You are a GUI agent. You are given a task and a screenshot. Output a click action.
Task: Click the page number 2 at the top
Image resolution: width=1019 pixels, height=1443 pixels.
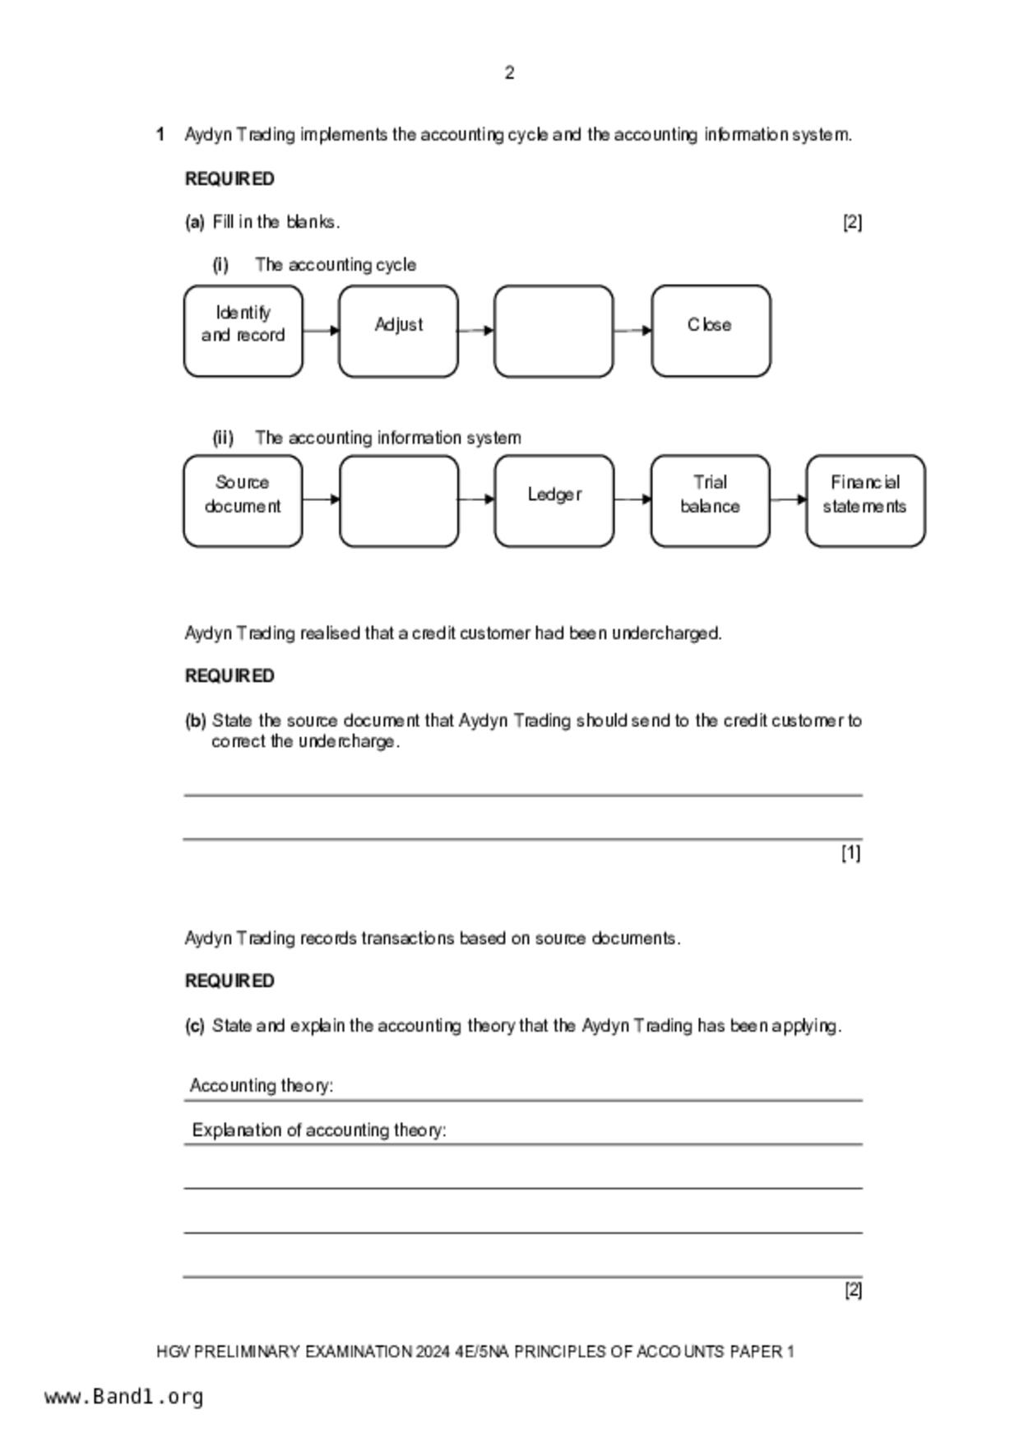[509, 73]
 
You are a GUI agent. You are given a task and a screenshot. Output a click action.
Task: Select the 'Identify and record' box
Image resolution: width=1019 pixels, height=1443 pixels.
[243, 331]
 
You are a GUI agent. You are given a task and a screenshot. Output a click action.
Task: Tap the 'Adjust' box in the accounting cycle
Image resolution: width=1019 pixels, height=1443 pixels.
[399, 331]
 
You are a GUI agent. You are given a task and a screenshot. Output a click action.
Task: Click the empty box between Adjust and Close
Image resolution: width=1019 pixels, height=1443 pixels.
[554, 331]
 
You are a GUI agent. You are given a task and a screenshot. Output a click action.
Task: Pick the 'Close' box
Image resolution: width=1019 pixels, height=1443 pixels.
[711, 331]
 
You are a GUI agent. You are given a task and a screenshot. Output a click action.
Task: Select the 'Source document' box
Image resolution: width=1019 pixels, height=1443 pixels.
[243, 500]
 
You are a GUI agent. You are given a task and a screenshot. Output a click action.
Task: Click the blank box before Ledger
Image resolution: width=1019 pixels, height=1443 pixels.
[399, 500]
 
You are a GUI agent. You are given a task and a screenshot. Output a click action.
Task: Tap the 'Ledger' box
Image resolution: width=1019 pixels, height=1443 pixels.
[554, 500]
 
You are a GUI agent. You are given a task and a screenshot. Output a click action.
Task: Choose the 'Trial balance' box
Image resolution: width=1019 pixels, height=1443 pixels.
[710, 500]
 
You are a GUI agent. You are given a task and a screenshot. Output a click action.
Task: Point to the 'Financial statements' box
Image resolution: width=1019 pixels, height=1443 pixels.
[865, 500]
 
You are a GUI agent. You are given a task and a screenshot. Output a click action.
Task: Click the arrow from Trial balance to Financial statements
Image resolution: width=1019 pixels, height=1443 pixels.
[788, 499]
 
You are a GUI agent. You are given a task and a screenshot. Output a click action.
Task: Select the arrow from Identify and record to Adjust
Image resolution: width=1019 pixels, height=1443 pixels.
[321, 331]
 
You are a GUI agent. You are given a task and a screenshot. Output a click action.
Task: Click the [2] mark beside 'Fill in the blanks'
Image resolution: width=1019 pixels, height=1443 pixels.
[852, 222]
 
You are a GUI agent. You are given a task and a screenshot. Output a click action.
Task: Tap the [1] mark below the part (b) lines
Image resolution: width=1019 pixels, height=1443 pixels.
[850, 853]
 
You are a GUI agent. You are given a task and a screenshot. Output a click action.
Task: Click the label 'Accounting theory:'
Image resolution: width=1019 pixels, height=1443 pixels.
[262, 1086]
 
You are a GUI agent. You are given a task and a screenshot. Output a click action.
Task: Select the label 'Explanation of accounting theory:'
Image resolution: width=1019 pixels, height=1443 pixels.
[319, 1130]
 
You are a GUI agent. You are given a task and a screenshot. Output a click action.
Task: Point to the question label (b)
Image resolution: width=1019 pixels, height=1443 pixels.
[195, 721]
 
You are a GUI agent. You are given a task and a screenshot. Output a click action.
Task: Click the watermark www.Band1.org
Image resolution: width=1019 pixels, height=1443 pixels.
[123, 1397]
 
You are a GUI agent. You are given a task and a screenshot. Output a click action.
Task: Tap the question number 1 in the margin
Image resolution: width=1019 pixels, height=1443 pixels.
[160, 134]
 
